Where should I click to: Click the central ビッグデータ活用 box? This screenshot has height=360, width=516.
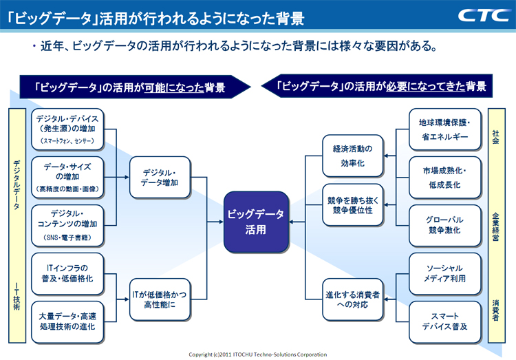256,222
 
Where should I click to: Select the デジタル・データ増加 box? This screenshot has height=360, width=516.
160,178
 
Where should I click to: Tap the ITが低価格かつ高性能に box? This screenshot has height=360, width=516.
160,299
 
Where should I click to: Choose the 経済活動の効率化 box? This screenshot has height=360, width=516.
352,155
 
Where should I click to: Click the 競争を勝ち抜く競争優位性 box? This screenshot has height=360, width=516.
352,204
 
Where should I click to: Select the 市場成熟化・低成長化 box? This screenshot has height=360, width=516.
444,178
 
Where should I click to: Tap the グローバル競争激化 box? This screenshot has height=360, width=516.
444,226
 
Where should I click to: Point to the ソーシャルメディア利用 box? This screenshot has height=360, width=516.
444,274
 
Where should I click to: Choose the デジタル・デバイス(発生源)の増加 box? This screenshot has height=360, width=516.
67,129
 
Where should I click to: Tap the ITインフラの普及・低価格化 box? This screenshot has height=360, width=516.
67,274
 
